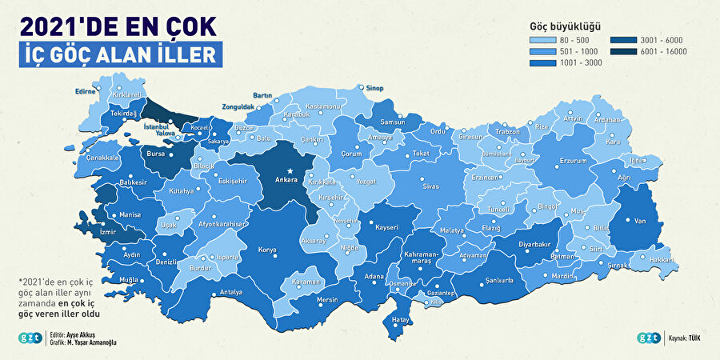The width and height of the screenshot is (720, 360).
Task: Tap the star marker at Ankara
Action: tap(290, 171)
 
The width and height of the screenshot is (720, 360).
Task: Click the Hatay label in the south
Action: tap(401, 321)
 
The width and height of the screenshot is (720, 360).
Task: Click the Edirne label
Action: tap(85, 91)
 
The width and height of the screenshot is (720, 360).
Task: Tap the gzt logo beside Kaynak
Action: tap(648, 338)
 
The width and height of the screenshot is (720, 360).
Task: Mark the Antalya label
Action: tap(231, 292)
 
